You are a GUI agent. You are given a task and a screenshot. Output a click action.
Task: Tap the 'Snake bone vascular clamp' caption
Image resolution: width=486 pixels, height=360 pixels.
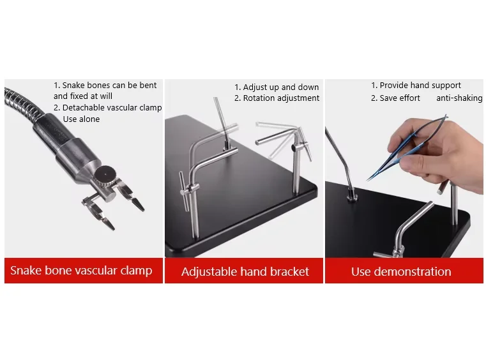81,271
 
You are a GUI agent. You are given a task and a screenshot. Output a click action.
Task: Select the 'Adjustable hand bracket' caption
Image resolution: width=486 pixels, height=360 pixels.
245,272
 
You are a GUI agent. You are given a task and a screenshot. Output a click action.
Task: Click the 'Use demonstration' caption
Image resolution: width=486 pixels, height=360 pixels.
401,272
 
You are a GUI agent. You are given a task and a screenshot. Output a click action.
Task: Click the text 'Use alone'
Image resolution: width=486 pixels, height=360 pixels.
81,119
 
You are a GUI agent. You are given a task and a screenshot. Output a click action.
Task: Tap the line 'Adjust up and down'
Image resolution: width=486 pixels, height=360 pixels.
277,87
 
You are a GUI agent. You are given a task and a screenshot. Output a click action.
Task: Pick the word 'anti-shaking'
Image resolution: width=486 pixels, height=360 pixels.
459,98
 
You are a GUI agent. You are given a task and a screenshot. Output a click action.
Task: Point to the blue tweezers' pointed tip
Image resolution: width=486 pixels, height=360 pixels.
368,179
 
